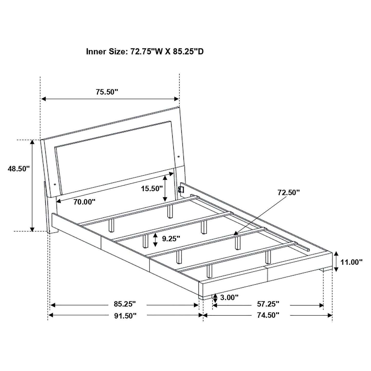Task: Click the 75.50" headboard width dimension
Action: tap(107, 92)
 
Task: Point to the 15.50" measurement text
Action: tap(152, 189)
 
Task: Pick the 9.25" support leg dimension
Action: tap(171, 239)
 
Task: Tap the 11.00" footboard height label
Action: tap(351, 262)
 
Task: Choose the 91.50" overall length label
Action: tap(125, 315)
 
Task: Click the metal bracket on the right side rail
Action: tap(181, 189)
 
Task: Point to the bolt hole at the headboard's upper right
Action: tap(178, 156)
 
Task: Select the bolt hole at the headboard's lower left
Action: tap(55, 184)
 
